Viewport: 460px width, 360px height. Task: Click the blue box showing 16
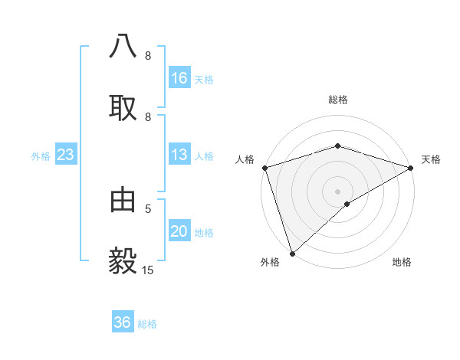pos(179,78)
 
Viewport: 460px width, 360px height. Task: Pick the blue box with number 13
pos(179,155)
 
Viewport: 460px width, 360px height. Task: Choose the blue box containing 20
pos(179,232)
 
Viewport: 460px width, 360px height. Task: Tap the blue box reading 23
pos(65,155)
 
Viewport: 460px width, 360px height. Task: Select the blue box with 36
pos(123,322)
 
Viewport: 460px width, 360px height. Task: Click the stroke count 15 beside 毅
pos(147,270)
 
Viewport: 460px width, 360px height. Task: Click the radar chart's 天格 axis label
pos(432,159)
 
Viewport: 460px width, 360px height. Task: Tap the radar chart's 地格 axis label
pos(402,262)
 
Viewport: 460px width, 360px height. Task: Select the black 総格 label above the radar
pos(338,100)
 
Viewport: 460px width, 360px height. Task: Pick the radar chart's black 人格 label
pos(245,159)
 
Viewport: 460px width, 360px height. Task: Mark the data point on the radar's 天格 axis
pos(411,167)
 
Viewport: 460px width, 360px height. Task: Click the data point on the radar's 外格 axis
pos(292,254)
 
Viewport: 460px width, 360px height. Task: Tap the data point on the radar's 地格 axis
pos(347,204)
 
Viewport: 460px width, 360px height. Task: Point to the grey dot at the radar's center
pos(338,191)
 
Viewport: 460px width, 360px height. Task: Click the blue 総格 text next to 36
pos(148,324)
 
